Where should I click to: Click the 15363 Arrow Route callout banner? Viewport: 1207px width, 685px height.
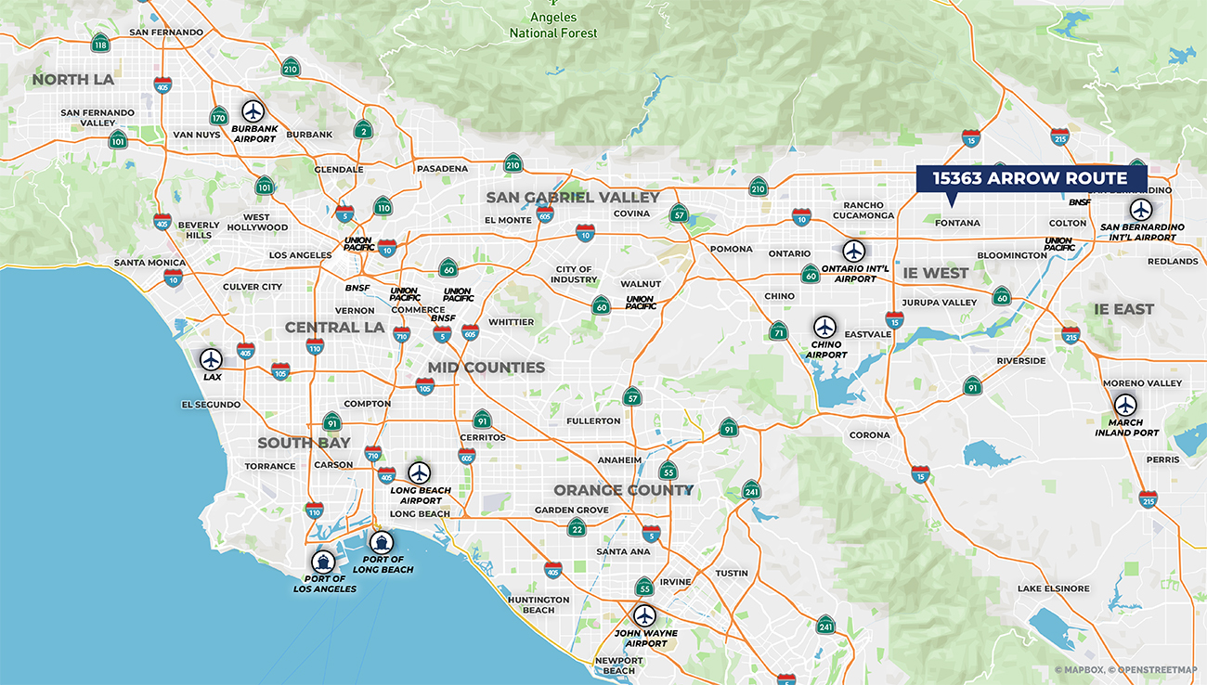pyautogui.click(x=1031, y=178)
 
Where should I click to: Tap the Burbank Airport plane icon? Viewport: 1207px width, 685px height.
pyautogui.click(x=253, y=111)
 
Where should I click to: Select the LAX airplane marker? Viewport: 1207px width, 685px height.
pyautogui.click(x=212, y=359)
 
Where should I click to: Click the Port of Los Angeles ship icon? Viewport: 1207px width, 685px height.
pyautogui.click(x=323, y=561)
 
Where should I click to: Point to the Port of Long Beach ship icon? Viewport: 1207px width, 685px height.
pyautogui.click(x=381, y=541)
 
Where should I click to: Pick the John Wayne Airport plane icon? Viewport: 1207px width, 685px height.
pyautogui.click(x=644, y=615)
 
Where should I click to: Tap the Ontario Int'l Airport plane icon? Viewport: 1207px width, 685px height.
pyautogui.click(x=854, y=251)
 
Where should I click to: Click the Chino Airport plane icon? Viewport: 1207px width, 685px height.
pyautogui.click(x=824, y=327)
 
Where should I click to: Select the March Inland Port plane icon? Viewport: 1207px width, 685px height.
pyautogui.click(x=1125, y=405)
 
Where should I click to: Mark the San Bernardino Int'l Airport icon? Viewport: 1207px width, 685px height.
pyautogui.click(x=1140, y=210)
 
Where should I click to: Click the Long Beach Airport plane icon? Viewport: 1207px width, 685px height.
pyautogui.click(x=420, y=472)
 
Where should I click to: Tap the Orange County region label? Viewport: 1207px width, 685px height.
pyautogui.click(x=623, y=490)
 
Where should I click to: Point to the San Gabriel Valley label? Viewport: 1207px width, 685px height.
pyautogui.click(x=573, y=197)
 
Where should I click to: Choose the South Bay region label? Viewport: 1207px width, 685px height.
pyautogui.click(x=304, y=443)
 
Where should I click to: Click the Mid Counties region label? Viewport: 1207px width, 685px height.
pyautogui.click(x=486, y=368)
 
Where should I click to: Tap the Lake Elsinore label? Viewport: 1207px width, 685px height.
pyautogui.click(x=1053, y=588)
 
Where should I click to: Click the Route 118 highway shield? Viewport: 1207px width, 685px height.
pyautogui.click(x=100, y=44)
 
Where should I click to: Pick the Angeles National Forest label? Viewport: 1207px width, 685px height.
pyautogui.click(x=554, y=25)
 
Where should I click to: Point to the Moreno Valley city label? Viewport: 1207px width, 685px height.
pyautogui.click(x=1142, y=383)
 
